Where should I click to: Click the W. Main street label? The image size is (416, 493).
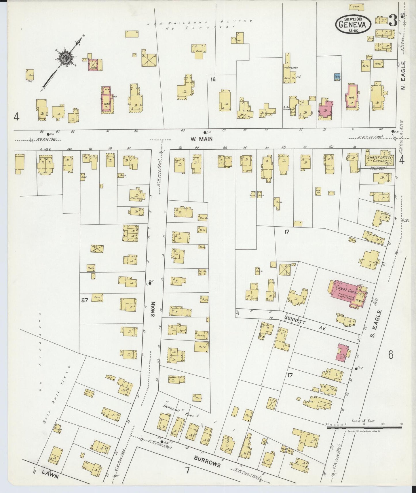(x=202, y=139)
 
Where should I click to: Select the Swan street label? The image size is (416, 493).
(x=153, y=309)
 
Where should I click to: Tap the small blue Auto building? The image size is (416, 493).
(x=337, y=77)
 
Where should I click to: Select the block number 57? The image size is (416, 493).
(x=84, y=300)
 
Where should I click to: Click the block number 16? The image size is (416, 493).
(x=213, y=79)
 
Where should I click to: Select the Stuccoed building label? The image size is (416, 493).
(x=135, y=198)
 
